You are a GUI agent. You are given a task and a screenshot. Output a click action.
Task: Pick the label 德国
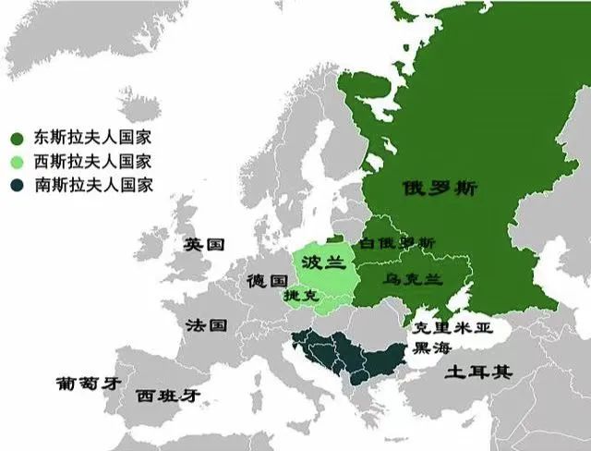click(x=266, y=280)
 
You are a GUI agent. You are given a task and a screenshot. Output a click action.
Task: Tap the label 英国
click(x=204, y=245)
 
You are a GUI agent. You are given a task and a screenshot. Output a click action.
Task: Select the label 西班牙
click(x=167, y=396)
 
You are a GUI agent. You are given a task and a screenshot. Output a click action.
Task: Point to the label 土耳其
click(x=478, y=372)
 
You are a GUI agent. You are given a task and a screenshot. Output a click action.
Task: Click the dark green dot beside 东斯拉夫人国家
click(x=18, y=138)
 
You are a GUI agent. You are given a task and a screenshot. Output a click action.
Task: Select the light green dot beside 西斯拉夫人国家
click(x=18, y=161)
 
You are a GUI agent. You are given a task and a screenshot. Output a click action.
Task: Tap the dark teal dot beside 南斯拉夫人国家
click(x=18, y=184)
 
